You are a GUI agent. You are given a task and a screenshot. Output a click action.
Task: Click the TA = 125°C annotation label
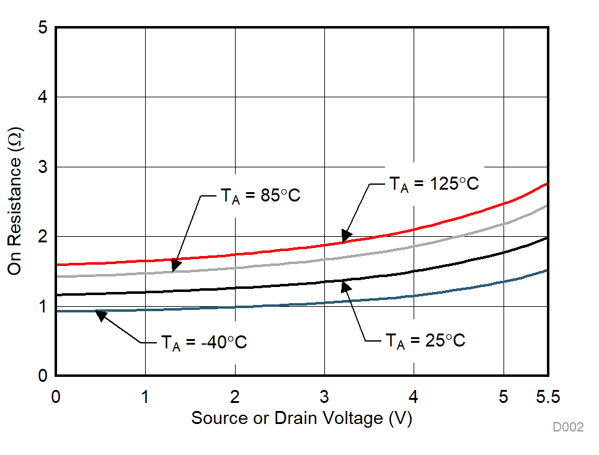click(434, 184)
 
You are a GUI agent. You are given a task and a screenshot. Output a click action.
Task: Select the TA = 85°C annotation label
click(260, 196)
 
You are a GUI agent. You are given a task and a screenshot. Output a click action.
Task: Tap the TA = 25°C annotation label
click(425, 341)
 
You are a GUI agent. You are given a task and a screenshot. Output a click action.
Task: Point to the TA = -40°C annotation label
click(204, 342)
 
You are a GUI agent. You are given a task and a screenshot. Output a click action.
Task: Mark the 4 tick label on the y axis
click(43, 97)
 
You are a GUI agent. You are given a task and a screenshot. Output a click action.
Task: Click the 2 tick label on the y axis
click(43, 237)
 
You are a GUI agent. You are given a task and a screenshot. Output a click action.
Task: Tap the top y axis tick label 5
click(43, 28)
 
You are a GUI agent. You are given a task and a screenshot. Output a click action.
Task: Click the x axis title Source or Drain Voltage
click(301, 418)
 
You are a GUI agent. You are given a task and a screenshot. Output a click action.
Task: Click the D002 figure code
click(568, 428)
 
